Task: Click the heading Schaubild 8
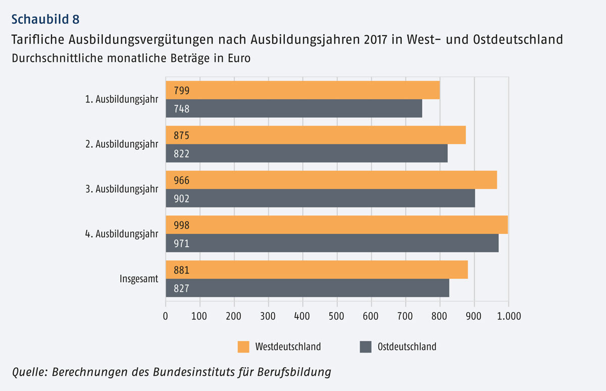45,20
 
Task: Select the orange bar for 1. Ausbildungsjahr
303,90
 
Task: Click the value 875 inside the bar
181,135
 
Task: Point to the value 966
181,180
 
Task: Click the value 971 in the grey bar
181,244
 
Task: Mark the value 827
181,289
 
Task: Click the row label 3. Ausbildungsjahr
121,189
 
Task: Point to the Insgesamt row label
139,279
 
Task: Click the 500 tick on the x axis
337,316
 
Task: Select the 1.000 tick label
508,316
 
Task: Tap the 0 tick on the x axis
166,316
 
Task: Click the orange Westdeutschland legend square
243,347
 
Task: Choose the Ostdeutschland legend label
407,347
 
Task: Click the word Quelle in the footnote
28,372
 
